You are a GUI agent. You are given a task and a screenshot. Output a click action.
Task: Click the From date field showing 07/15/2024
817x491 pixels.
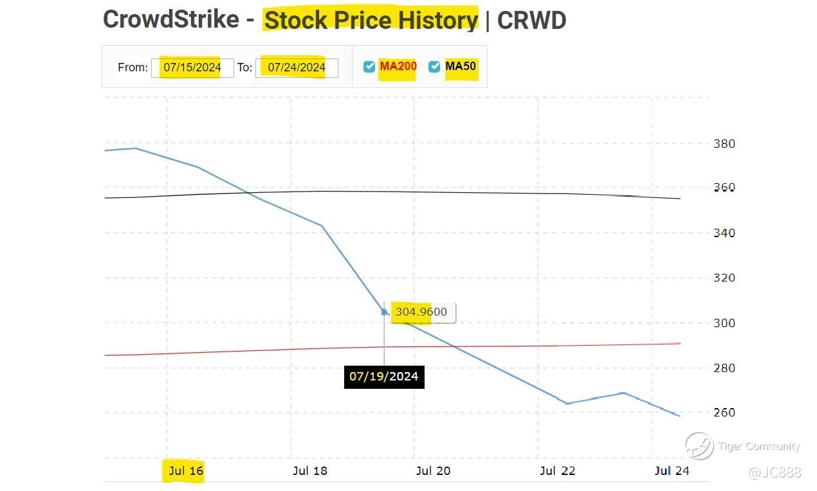192,67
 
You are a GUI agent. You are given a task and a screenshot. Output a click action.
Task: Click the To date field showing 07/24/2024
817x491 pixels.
297,67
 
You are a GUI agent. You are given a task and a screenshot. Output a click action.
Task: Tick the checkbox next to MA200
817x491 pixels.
369,67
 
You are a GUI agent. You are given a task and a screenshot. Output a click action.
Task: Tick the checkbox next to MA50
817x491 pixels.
434,67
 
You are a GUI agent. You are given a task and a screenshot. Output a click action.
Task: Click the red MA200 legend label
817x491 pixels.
398,66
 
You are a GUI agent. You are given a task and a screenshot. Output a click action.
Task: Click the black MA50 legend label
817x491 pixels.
461,66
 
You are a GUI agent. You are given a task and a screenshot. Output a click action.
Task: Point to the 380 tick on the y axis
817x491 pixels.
724,144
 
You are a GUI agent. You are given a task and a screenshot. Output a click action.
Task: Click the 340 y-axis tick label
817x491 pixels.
724,233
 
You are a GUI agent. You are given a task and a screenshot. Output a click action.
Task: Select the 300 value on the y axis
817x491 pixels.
724,323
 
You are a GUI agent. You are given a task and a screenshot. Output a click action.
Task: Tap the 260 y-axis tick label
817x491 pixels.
724,412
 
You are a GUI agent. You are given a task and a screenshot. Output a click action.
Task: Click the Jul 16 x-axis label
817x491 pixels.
186,471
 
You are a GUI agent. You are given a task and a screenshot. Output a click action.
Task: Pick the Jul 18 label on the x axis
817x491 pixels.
310,471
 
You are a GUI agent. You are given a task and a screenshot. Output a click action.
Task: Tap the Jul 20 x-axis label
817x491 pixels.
434,471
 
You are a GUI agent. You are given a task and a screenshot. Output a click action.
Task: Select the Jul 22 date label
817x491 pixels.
557,471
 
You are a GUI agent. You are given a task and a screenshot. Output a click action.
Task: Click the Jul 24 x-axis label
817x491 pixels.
672,471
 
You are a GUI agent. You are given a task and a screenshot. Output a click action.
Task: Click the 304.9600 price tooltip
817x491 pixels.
421,312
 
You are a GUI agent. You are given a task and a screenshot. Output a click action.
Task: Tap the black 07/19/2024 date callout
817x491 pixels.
384,376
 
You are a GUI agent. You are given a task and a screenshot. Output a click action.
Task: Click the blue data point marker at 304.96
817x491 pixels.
385,312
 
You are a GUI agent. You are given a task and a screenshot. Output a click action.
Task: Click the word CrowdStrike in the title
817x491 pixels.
170,20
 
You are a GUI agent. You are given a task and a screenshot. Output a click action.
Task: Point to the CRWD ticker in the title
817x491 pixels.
531,20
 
